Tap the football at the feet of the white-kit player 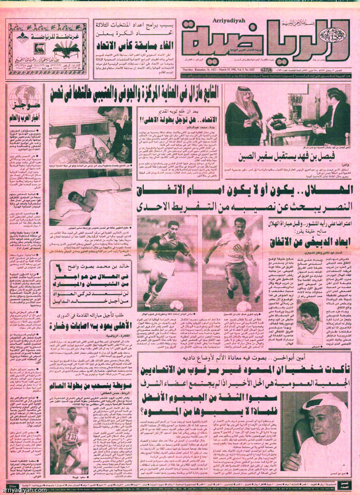tap(243, 306)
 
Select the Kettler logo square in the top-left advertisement tap(40, 48)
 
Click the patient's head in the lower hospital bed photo tap(74, 197)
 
